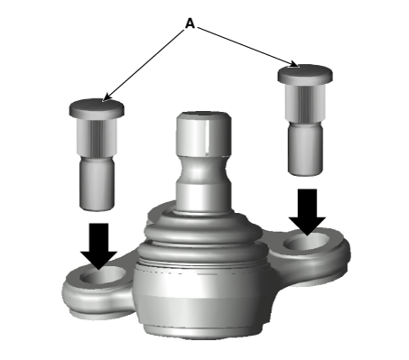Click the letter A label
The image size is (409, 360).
point(190,23)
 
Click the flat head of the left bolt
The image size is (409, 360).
point(97,108)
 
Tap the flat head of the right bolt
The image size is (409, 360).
point(305,74)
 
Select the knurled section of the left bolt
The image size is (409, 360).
point(97,136)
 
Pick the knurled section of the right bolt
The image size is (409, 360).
point(305,103)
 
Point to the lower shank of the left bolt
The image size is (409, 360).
point(97,183)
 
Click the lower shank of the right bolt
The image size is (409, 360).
point(305,149)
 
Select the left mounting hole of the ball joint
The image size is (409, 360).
point(103,275)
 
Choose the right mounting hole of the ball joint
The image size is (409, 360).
point(307,241)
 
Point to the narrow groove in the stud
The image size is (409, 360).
point(204,170)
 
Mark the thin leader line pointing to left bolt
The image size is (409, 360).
point(144,65)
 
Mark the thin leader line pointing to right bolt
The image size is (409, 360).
point(247,47)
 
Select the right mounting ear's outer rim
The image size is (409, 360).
point(346,255)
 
